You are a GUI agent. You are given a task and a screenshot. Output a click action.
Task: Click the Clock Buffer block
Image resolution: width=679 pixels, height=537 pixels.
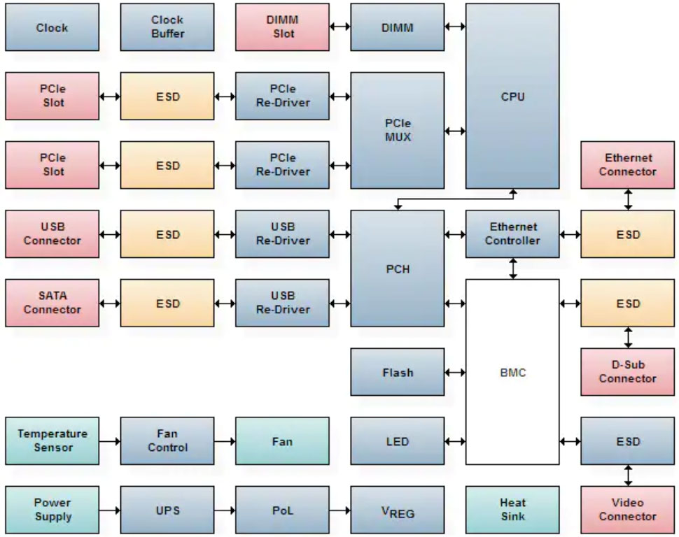coord(167,27)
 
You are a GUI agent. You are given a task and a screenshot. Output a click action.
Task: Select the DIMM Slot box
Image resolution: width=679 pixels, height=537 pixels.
coord(282,27)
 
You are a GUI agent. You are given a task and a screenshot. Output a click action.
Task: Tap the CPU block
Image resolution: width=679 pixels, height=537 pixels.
coord(512,96)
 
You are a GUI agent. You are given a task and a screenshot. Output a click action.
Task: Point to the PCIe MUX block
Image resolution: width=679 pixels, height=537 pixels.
coord(397,131)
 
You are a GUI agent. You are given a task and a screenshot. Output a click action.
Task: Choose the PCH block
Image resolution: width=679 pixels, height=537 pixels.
coord(397,268)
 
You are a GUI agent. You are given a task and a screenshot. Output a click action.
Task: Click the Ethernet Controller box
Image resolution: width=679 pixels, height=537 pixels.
coord(512,234)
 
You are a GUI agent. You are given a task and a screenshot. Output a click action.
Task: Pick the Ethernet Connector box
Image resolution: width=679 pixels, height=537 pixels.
coord(627,165)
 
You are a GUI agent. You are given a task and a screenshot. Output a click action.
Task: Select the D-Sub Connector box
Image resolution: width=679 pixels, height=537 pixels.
coord(627,372)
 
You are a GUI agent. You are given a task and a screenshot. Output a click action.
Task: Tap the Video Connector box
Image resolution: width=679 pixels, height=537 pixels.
coord(627,510)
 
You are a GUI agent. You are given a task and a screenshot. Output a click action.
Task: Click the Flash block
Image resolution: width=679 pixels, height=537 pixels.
coord(397,372)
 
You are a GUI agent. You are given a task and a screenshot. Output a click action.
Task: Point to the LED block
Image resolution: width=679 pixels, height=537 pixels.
coord(397,441)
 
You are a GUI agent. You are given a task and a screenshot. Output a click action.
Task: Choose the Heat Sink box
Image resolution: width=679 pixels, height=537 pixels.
coord(512,510)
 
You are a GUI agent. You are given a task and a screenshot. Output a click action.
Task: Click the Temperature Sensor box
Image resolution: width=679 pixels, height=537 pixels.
coord(52,441)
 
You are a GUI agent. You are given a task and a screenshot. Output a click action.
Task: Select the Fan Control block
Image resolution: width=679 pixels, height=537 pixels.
coord(167,441)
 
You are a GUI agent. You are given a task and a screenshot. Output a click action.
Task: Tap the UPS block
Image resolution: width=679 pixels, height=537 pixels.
coord(167,510)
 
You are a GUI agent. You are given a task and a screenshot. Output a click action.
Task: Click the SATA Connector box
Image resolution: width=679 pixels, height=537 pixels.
coord(52,303)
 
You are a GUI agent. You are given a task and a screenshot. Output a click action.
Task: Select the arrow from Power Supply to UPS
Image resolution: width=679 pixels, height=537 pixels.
coord(109,510)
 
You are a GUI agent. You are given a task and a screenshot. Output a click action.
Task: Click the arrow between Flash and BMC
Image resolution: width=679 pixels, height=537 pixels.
coord(455,372)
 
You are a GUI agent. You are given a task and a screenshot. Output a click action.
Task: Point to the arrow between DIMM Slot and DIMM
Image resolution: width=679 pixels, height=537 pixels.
coord(339,27)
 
